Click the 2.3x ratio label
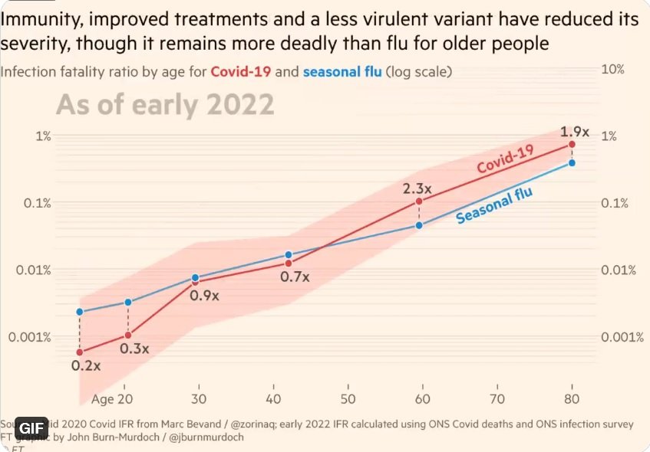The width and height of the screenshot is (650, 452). [419, 186]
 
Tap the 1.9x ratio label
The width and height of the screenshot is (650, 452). [573, 131]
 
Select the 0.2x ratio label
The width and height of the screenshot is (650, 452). [86, 365]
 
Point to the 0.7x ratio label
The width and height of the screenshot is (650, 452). [295, 277]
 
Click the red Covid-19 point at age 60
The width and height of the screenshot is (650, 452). [420, 201]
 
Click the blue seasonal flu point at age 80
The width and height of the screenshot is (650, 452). [572, 162]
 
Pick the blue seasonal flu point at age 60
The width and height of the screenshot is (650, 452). [420, 225]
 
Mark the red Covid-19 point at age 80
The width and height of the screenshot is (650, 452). [572, 144]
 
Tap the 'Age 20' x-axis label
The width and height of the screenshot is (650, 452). [113, 399]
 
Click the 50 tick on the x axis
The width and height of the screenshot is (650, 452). [348, 399]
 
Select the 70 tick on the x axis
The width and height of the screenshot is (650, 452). [498, 399]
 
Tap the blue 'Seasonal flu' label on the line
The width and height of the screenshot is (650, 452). [494, 205]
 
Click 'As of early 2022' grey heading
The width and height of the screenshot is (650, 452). [165, 104]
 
